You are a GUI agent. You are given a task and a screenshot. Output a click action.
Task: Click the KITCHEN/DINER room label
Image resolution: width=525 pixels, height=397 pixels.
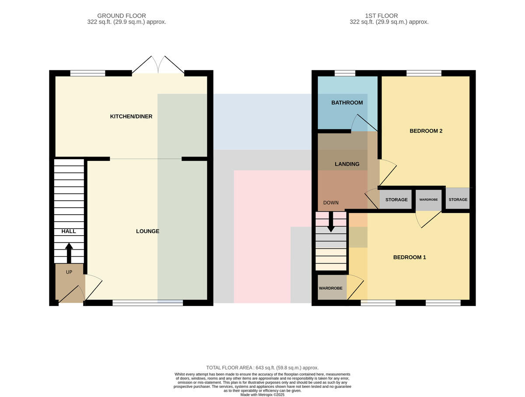[x=131, y=116]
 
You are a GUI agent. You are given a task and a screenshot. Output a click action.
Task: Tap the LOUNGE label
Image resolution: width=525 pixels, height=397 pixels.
[x=147, y=231]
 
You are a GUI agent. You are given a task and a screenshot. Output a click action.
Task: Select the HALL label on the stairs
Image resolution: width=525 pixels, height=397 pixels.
[x=69, y=231]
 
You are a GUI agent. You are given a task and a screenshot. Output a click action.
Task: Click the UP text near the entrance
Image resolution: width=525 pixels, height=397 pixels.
[x=69, y=272]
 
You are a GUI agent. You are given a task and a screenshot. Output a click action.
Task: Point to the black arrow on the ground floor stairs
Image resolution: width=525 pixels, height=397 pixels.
[x=69, y=253]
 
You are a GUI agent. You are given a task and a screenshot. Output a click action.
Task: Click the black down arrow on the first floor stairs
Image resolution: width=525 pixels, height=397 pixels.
[x=331, y=222]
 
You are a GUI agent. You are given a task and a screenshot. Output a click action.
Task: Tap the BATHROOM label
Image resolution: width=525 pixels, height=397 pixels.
[x=347, y=103]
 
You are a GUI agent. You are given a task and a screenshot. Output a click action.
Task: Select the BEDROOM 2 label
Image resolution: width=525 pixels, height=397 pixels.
[x=426, y=131]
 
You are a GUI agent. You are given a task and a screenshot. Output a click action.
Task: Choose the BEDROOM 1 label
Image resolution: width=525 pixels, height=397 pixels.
[x=409, y=257]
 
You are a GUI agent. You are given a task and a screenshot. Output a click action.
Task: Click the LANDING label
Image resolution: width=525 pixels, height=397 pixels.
[x=347, y=164]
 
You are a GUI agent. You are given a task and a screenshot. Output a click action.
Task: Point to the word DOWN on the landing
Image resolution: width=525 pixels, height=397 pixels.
[x=331, y=203]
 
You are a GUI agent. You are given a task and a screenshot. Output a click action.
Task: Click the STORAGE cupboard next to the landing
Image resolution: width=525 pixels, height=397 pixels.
[x=396, y=199]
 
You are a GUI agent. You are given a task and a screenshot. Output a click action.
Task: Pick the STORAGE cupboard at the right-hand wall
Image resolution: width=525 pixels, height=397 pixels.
[x=458, y=199]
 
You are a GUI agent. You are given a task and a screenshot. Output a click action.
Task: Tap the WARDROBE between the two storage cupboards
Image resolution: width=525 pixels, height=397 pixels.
[x=428, y=199]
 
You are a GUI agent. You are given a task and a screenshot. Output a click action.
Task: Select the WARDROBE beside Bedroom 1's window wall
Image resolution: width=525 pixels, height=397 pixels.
[x=331, y=288]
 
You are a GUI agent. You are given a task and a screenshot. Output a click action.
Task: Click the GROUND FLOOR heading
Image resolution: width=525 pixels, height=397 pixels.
[x=122, y=16]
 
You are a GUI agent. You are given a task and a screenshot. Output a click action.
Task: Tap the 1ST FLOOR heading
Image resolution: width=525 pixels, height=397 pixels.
[x=381, y=16]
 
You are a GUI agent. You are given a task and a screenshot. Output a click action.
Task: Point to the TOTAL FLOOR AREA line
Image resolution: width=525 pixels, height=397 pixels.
[x=262, y=368]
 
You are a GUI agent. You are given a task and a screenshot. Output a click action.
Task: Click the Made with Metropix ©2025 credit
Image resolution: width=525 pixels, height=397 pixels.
[x=262, y=395]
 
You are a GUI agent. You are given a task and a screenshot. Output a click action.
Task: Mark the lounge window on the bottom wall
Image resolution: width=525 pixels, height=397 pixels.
[x=147, y=303]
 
